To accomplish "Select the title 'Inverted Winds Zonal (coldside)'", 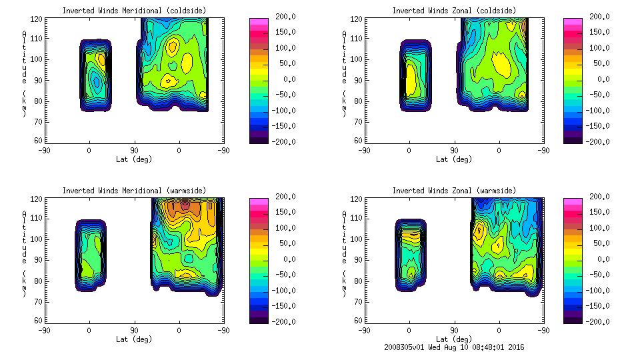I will coord(453,11).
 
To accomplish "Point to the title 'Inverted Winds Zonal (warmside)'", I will coord(453,191).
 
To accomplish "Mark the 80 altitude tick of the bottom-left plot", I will coord(39,281).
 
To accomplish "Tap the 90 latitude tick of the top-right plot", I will coord(454,151).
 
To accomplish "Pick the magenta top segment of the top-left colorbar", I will coord(259,21).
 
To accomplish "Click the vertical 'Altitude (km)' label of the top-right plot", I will coord(343,73).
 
